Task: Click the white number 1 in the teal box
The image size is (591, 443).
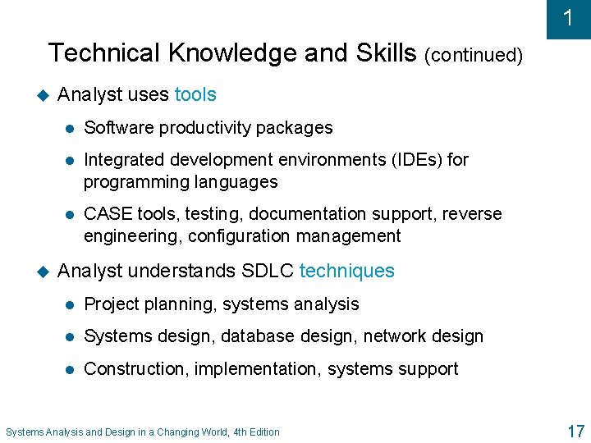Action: click(x=568, y=18)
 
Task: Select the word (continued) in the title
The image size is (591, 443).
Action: click(x=474, y=55)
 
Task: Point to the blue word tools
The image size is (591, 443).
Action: click(x=195, y=94)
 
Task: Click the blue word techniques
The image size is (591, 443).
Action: click(x=347, y=271)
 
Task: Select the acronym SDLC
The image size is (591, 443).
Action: click(x=268, y=271)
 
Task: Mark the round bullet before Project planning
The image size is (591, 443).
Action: click(x=71, y=304)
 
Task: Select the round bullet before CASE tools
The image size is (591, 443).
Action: click(x=71, y=214)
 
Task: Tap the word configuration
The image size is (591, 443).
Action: click(x=240, y=236)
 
